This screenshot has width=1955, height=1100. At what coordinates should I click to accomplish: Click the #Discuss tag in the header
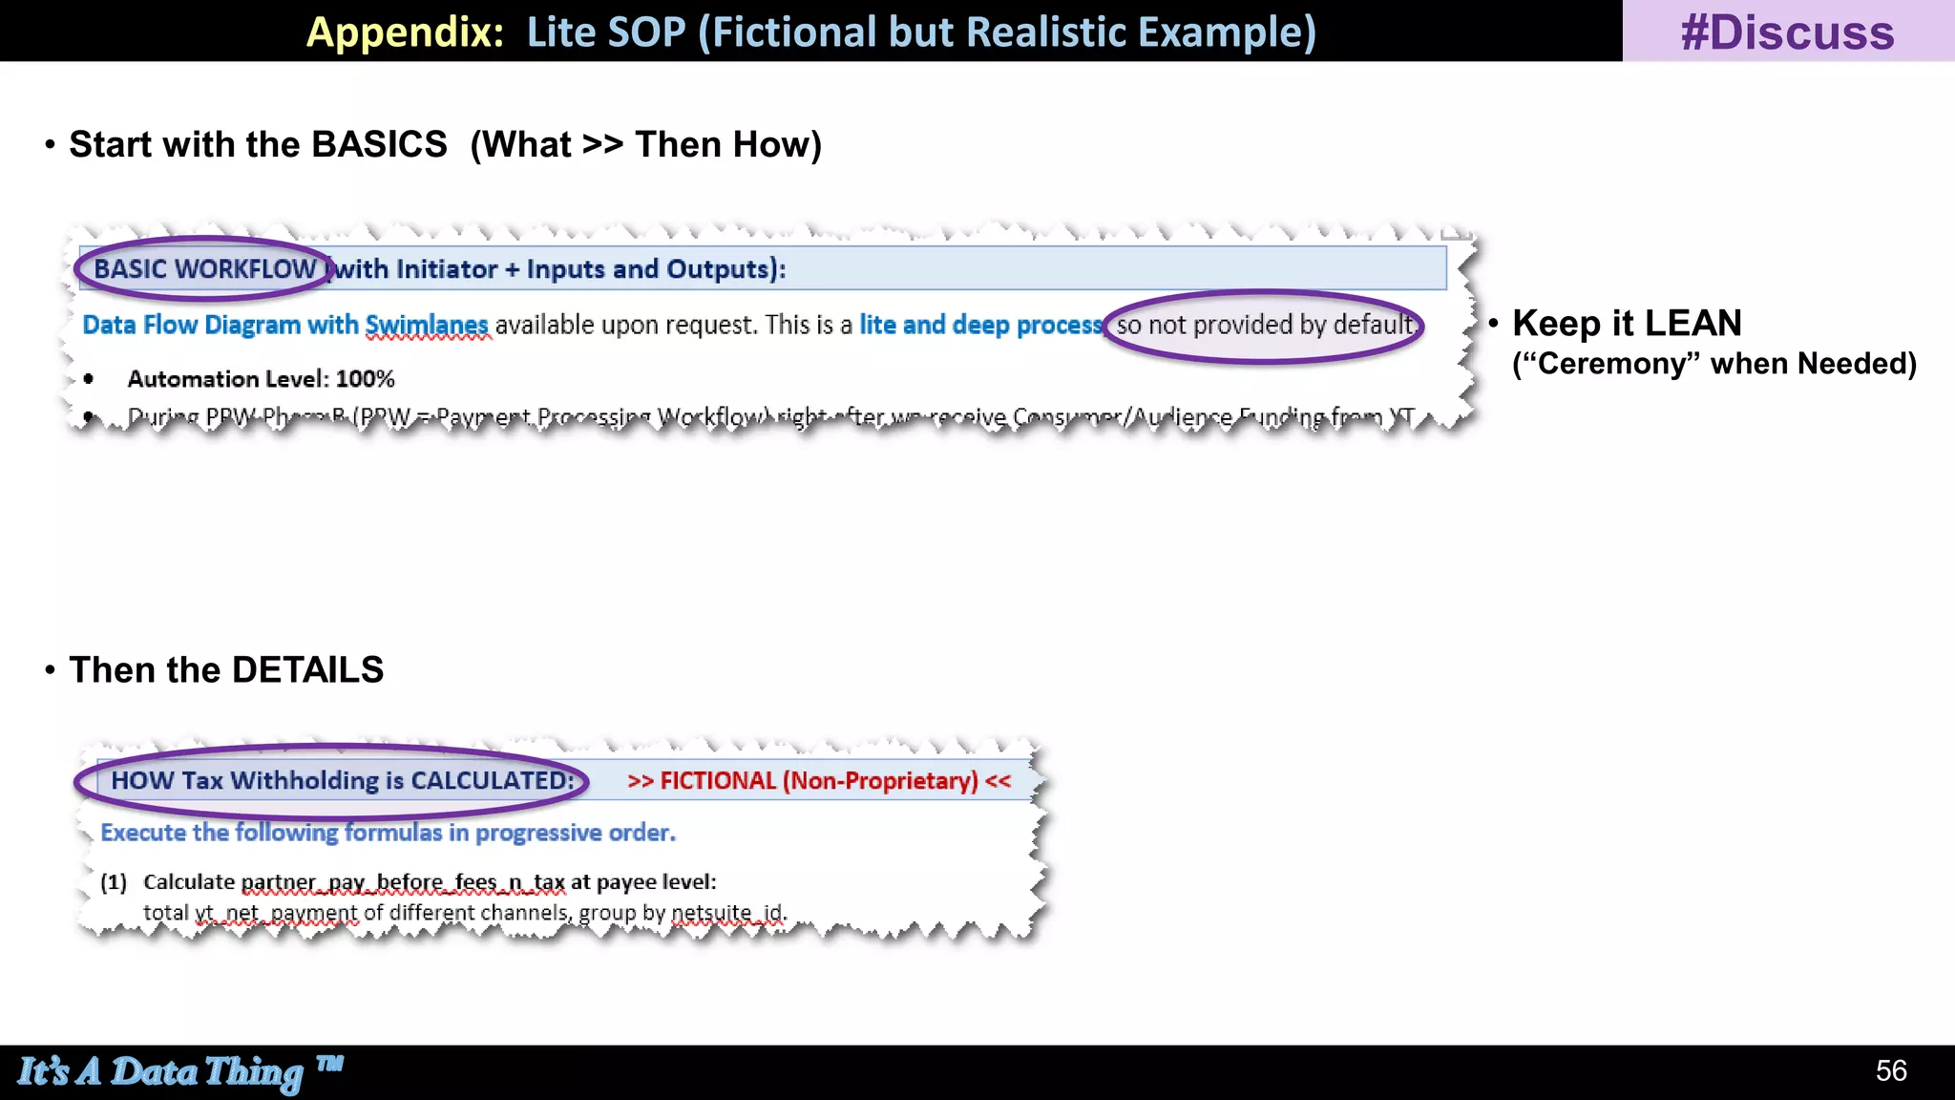[x=1787, y=32]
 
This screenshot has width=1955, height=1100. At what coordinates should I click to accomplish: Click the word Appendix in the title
[x=404, y=32]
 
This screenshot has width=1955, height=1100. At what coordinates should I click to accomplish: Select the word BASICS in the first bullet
[x=379, y=145]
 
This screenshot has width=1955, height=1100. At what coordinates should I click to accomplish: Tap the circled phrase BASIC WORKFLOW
[x=204, y=269]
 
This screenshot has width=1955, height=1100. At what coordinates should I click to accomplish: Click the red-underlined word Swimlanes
[x=427, y=326]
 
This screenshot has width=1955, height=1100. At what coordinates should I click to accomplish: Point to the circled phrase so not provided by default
[x=1264, y=326]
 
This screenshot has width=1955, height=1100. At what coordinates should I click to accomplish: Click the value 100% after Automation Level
[x=366, y=379]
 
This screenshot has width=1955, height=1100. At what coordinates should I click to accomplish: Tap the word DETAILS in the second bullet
[x=307, y=670]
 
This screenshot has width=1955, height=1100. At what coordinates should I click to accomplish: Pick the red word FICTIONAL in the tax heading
[x=718, y=781]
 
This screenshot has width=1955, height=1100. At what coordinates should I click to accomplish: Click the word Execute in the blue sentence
[x=142, y=833]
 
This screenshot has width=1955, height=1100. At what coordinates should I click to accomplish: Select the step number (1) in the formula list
[x=114, y=882]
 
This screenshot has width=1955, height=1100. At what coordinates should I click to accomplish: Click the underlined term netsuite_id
[x=728, y=913]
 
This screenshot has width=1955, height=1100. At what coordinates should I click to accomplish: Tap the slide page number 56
[x=1891, y=1070]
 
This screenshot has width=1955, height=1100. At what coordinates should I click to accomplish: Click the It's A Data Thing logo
[x=179, y=1071]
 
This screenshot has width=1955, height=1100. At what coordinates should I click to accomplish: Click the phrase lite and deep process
[x=980, y=326]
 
